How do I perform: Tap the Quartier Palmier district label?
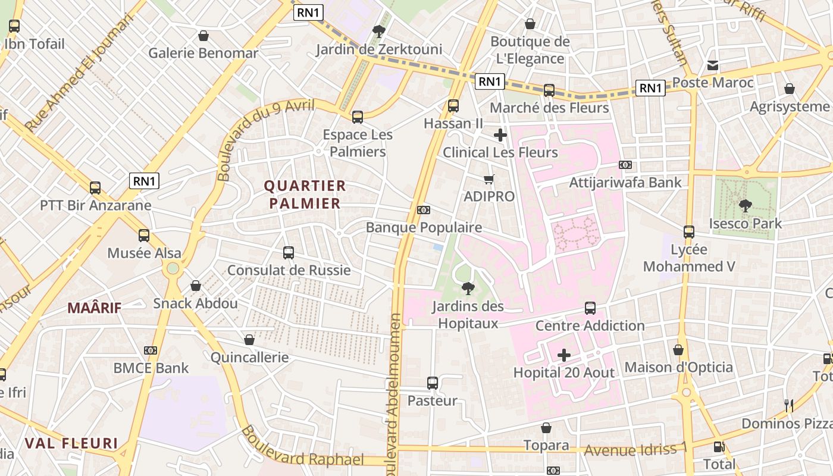(x=305, y=195)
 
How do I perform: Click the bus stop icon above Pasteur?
(x=433, y=383)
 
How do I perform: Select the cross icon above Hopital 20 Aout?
(x=564, y=356)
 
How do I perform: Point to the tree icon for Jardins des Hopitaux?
(x=468, y=289)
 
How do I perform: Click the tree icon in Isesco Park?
(x=745, y=206)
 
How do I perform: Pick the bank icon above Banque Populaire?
(x=424, y=210)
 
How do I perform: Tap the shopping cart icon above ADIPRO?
(x=489, y=179)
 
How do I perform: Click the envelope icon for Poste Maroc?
(x=713, y=65)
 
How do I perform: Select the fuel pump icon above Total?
(x=719, y=446)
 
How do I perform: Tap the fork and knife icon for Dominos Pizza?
(x=789, y=406)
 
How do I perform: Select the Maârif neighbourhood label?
(x=94, y=308)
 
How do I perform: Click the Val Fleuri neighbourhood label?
(x=71, y=443)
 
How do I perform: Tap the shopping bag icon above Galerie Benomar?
(x=203, y=36)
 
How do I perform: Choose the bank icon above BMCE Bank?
(x=151, y=350)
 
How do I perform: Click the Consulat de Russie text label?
(x=289, y=271)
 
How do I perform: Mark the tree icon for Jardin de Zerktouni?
(x=378, y=32)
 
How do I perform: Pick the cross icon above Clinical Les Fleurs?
(x=500, y=135)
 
